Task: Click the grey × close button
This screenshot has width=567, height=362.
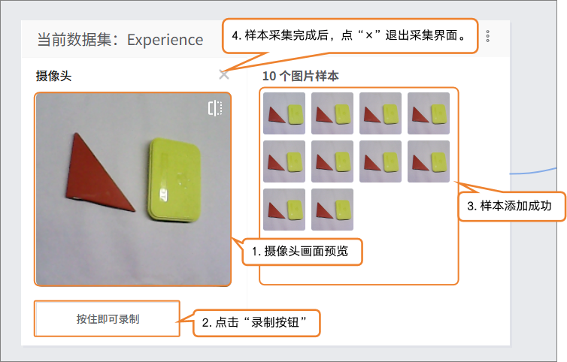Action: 224,75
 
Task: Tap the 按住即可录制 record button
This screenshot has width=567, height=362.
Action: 108,319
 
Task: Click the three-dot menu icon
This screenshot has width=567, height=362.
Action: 488,36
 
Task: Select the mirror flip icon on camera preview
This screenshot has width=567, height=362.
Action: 215,108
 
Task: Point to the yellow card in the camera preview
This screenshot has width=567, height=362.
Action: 174,179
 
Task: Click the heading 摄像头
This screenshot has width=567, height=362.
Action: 53,76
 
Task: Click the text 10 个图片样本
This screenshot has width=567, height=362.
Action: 301,76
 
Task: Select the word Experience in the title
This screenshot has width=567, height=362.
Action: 165,40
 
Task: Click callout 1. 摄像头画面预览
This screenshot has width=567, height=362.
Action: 302,252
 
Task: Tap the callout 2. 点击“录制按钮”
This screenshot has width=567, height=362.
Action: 256,323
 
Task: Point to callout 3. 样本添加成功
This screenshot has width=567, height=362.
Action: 511,207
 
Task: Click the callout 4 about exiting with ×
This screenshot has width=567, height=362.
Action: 350,35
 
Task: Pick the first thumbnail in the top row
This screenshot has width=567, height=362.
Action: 284,113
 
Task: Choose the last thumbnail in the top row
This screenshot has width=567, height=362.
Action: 429,113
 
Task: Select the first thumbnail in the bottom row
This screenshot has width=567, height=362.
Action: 284,210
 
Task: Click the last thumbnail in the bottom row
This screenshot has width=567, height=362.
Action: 332,210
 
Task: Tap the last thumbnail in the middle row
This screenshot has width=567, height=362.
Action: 429,161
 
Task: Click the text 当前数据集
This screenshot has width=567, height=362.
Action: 74,40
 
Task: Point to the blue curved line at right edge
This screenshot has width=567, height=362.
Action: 533,172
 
